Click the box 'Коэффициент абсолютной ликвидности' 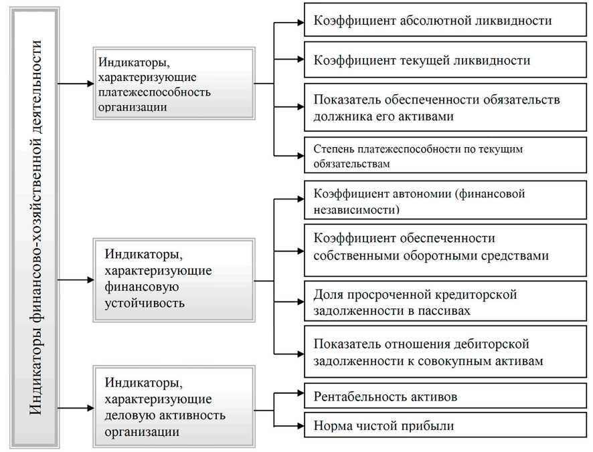(442, 21)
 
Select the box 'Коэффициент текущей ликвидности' (442, 60)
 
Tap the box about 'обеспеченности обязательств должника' (442, 107)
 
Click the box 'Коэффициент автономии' (442, 201)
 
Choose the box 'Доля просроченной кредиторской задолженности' (442, 302)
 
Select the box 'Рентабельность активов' (442, 397)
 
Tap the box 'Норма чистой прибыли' (442, 425)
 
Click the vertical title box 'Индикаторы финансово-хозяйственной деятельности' (35, 227)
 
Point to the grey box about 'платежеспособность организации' (174, 84)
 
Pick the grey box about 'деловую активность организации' (174, 407)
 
